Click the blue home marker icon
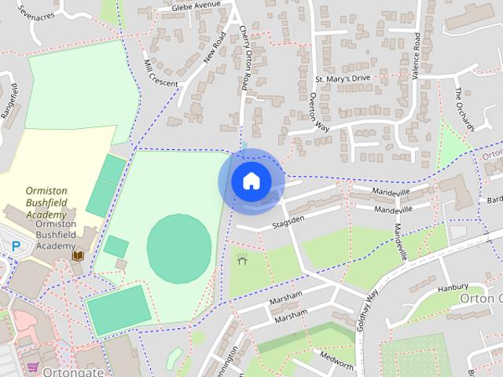251,181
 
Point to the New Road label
214,53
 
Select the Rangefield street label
10,100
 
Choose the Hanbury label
454,287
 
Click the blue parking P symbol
16,247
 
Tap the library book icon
78,256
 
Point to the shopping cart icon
33,367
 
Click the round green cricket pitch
179,247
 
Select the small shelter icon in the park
241,258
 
